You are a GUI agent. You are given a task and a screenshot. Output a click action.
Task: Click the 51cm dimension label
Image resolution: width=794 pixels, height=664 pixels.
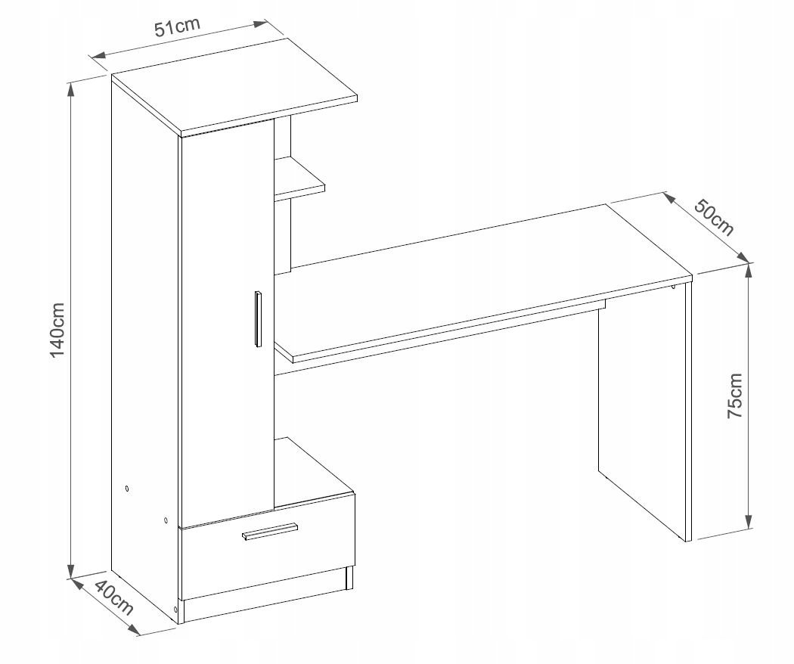click(177, 26)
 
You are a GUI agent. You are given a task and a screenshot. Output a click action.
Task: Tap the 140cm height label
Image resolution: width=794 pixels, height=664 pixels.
click(57, 330)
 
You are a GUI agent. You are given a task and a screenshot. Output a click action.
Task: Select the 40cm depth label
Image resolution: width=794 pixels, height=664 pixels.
click(114, 598)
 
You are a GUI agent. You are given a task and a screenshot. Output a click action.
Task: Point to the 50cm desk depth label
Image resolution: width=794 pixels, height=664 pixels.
click(714, 218)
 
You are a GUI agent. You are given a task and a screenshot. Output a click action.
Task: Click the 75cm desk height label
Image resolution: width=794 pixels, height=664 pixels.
click(734, 396)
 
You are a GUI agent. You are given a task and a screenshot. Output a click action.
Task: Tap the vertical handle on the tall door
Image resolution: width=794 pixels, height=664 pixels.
click(258, 319)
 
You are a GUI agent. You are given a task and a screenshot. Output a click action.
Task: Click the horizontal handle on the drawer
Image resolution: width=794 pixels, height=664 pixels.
click(270, 531)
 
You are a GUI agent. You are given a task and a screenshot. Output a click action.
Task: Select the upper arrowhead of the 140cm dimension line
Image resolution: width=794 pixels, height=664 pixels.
click(71, 90)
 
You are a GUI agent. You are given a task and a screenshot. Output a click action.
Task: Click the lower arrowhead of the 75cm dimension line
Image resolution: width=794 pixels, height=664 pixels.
click(749, 521)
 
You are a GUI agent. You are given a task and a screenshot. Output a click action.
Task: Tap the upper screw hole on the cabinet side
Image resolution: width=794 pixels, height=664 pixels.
click(126, 489)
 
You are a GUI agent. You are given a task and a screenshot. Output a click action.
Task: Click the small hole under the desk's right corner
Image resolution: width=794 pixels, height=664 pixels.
click(673, 289)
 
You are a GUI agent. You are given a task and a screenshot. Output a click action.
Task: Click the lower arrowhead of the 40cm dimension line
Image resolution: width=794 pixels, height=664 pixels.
click(134, 628)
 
